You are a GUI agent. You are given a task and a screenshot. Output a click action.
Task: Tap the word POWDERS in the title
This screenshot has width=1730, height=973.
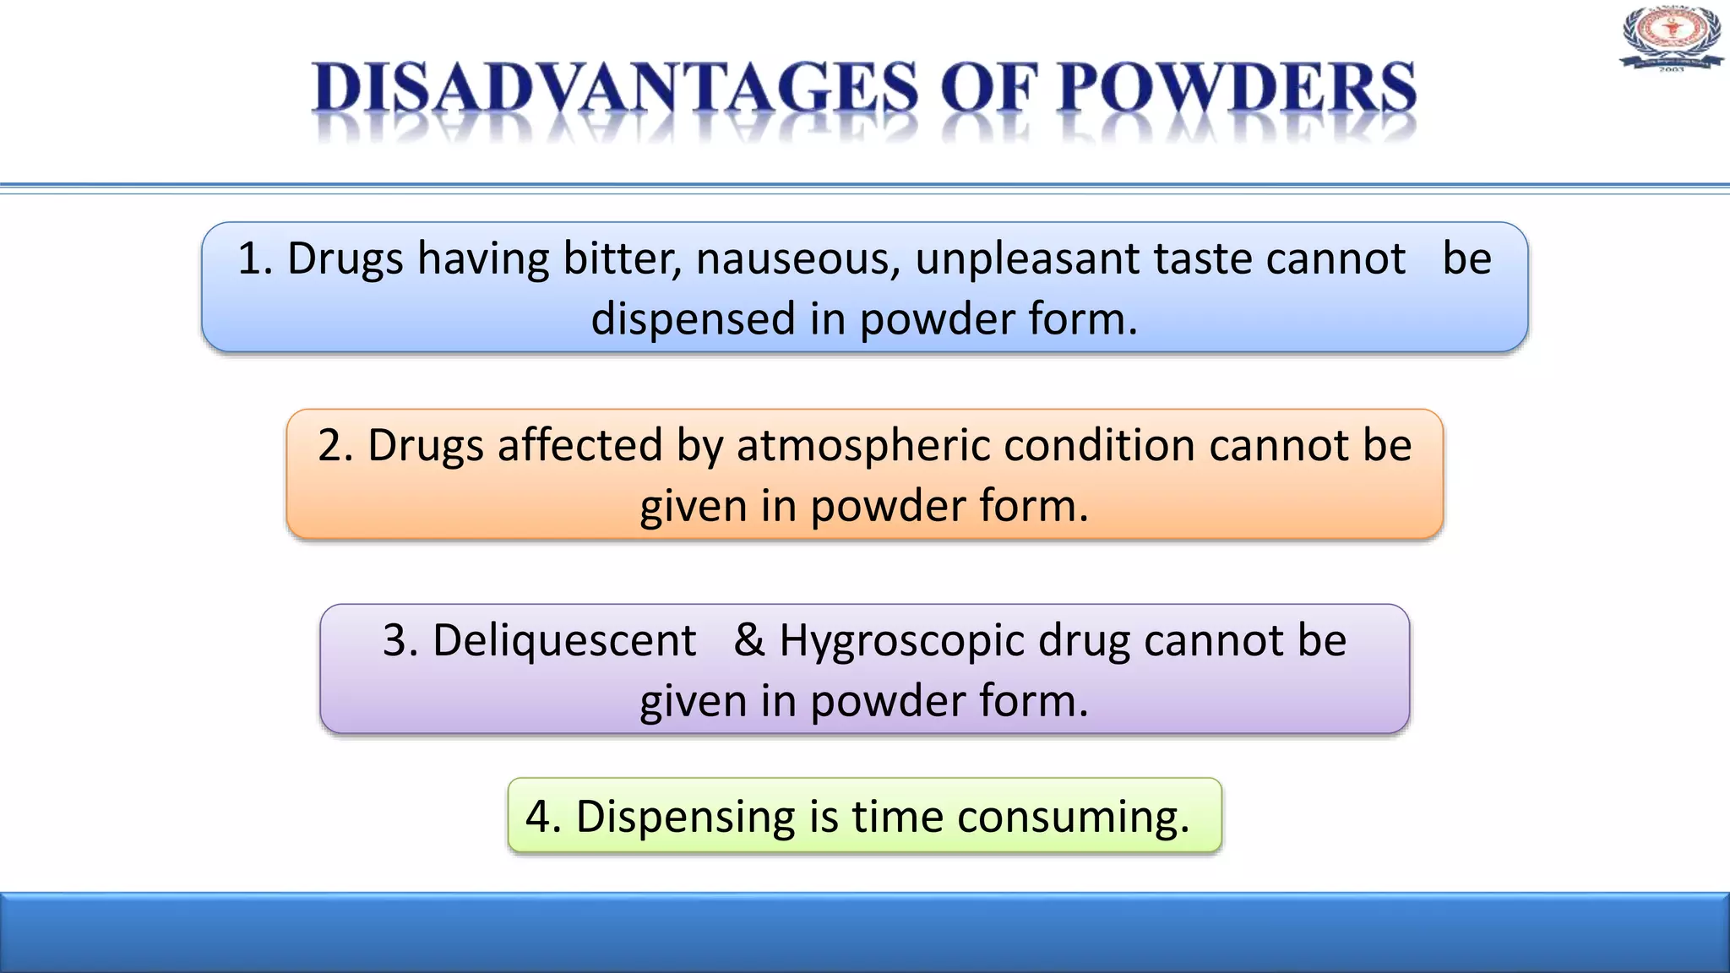(x=1237, y=88)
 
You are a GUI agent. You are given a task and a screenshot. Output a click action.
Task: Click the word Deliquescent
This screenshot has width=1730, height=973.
(x=564, y=641)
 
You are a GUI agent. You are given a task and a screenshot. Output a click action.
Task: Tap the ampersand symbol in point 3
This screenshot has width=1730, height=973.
(x=748, y=639)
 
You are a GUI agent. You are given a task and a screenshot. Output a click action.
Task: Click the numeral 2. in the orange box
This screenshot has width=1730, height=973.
(x=335, y=446)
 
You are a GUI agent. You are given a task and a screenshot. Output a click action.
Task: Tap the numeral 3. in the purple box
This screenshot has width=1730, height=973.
(x=400, y=640)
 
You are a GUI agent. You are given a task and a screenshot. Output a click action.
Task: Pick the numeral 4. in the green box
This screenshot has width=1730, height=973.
(x=543, y=817)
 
